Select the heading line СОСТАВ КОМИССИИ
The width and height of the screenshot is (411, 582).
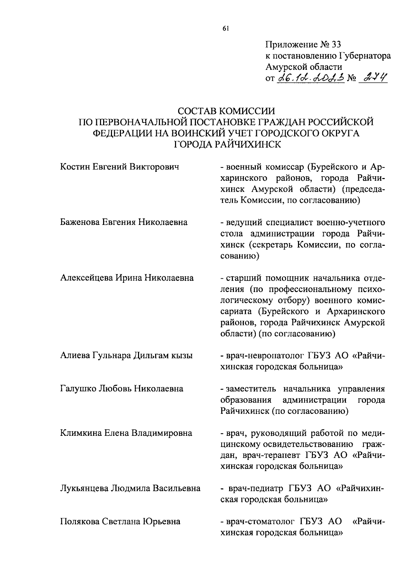pos(227,111)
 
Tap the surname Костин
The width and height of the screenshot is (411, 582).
pos(76,167)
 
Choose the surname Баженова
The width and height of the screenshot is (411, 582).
pos(80,223)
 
